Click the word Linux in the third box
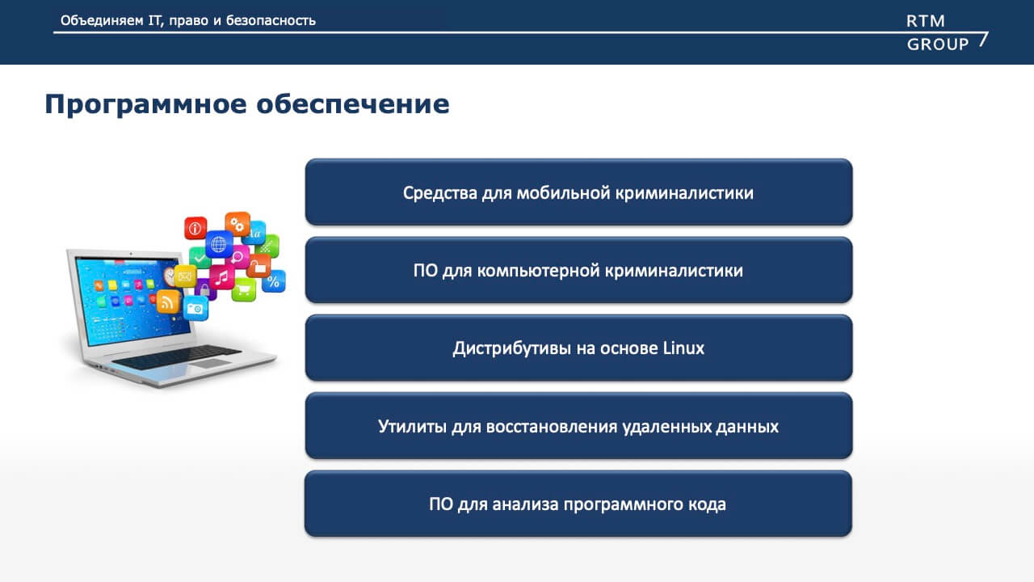click(x=683, y=348)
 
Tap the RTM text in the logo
click(x=926, y=21)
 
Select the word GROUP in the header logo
click(x=938, y=44)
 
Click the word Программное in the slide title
click(x=146, y=105)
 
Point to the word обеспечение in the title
click(x=353, y=104)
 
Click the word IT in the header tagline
click(x=154, y=20)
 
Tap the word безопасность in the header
click(x=271, y=20)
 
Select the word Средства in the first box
click(x=440, y=193)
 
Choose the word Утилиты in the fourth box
click(x=412, y=426)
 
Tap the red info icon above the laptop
click(x=195, y=228)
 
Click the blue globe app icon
click(x=219, y=244)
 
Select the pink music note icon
click(x=222, y=277)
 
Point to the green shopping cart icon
click(x=244, y=290)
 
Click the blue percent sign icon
click(x=274, y=280)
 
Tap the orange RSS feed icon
click(x=168, y=302)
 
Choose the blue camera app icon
click(x=195, y=308)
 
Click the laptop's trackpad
click(x=211, y=363)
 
